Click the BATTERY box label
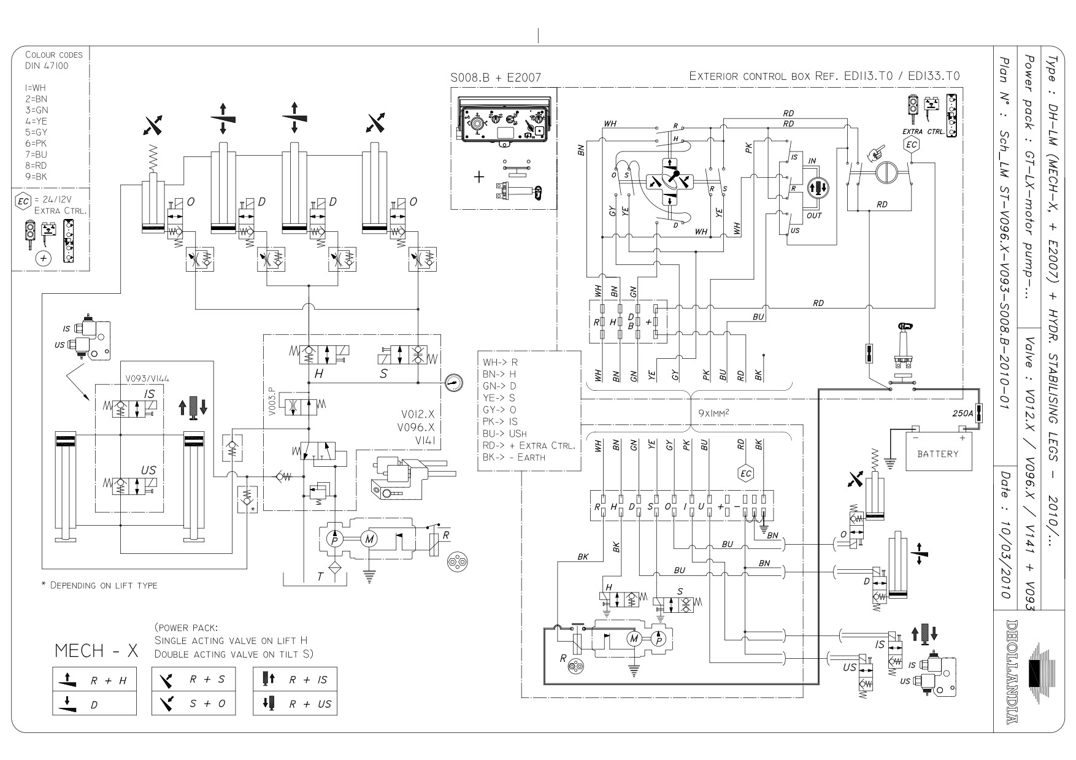937,454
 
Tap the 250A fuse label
962,414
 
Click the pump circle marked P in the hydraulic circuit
335,539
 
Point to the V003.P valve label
271,402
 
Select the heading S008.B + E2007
496,78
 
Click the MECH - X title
96,651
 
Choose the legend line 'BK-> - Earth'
514,457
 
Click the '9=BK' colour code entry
36,177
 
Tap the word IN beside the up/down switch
812,161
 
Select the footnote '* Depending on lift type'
99,585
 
